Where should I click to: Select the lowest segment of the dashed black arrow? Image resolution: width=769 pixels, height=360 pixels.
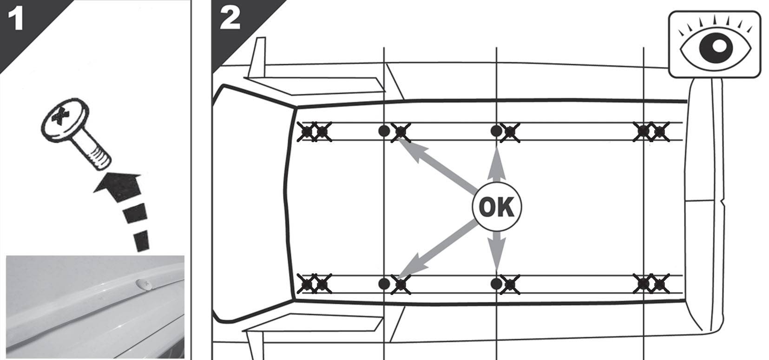141,241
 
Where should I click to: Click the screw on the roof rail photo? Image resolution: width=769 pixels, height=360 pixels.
144,284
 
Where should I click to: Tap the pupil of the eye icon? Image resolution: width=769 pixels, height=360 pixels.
717,47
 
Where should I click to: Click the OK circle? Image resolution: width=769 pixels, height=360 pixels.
497,207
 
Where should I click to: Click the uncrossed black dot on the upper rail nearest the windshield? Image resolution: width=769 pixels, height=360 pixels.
384,131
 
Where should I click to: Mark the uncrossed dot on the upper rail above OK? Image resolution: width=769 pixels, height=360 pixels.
496,131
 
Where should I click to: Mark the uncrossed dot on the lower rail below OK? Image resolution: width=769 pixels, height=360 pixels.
496,284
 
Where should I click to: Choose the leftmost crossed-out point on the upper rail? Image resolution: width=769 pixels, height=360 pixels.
306,131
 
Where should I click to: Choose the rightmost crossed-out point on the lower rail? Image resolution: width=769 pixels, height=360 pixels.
660,284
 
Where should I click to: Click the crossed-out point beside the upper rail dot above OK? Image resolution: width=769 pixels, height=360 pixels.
510,132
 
